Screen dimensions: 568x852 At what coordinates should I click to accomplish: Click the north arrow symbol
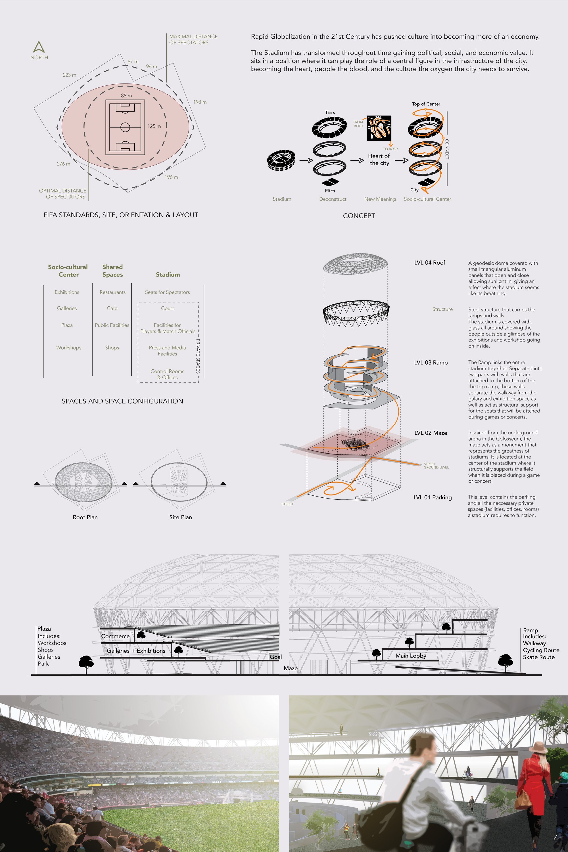[39, 47]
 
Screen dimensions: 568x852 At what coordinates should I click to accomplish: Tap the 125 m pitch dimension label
[154, 126]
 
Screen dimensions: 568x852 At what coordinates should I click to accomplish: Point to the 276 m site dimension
[63, 164]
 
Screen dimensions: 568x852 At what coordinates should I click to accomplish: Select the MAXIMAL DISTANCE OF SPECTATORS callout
[193, 39]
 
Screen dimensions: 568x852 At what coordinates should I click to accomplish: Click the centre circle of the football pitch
[125, 127]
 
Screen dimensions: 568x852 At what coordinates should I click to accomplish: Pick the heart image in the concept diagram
[379, 128]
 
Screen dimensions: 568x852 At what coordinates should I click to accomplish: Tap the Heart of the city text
[379, 159]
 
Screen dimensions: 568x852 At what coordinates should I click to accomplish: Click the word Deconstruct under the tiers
[333, 199]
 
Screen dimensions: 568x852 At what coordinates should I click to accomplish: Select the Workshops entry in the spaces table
[68, 348]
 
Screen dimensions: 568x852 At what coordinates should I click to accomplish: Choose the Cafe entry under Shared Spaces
[112, 308]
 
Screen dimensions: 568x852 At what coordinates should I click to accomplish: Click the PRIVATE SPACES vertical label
[198, 356]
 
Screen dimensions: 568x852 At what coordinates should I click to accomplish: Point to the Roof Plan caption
[85, 517]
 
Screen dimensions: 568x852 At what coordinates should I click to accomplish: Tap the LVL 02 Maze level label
[431, 433]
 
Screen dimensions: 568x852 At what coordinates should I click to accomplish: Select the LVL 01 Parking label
[433, 497]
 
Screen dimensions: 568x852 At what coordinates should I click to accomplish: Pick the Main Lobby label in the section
[411, 655]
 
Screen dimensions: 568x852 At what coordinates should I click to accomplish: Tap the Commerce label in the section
[115, 636]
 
